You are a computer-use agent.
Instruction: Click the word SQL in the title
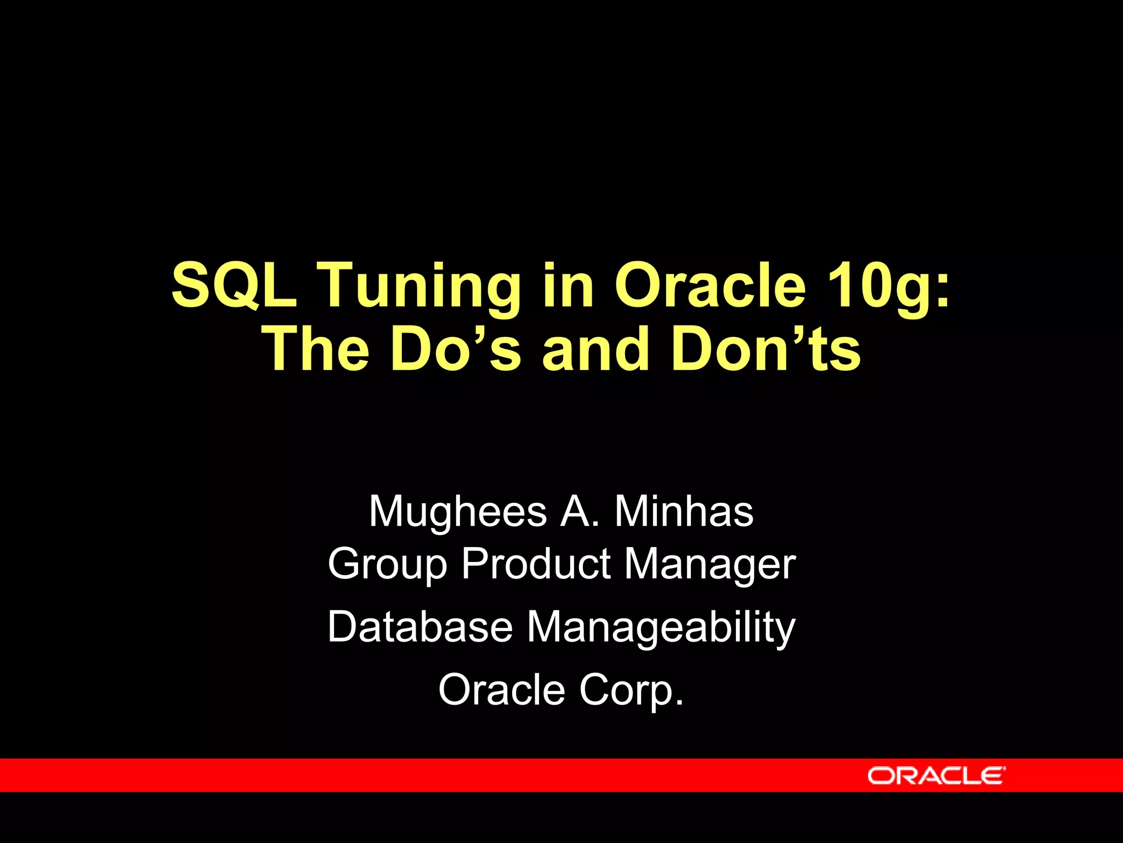234,285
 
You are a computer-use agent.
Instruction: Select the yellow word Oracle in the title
710,285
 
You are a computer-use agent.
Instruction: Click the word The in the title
317,349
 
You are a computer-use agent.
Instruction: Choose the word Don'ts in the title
766,349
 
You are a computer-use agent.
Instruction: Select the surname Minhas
684,512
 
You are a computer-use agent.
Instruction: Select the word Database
420,627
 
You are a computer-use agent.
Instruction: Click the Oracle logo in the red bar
937,775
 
